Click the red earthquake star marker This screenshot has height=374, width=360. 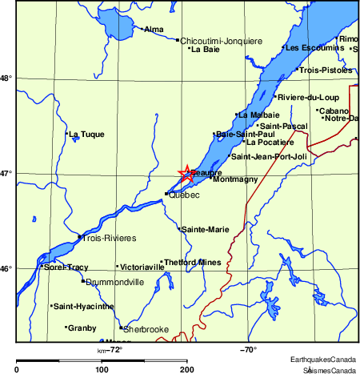(186, 174)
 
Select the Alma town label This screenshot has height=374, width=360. (153, 30)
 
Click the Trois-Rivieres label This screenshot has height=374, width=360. (109, 238)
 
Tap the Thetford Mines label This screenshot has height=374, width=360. (192, 262)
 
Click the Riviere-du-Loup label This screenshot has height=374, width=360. (308, 98)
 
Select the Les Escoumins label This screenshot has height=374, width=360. (313, 47)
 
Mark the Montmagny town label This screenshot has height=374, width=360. (236, 179)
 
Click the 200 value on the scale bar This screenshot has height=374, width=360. (187, 369)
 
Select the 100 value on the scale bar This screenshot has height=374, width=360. (102, 369)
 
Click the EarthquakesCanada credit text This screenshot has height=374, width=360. (323, 358)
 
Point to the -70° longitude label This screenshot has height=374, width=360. (248, 349)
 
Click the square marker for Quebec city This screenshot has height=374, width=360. (166, 194)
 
